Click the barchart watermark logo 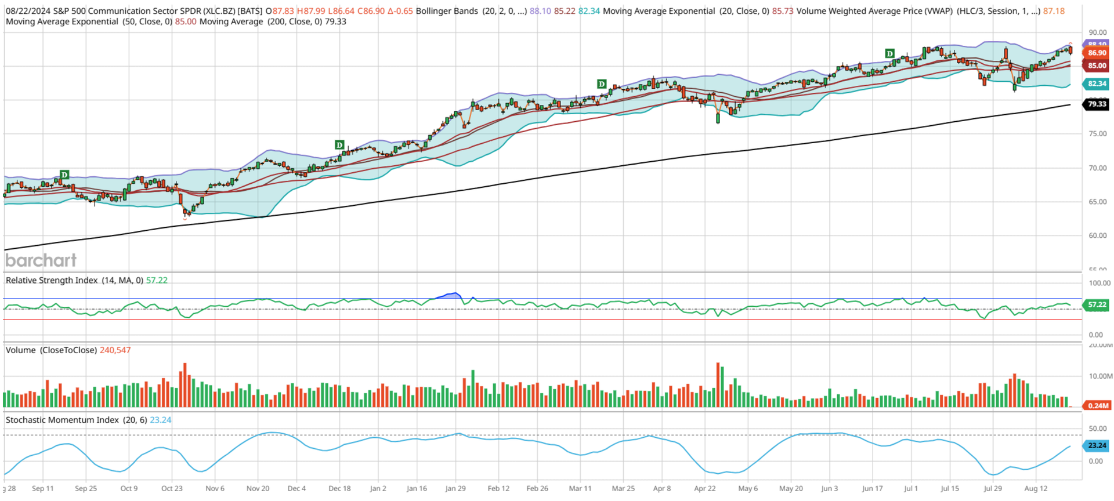[41, 260]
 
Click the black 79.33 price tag [1096, 104]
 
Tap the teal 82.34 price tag [1096, 84]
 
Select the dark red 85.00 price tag [1096, 66]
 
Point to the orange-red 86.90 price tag [1096, 53]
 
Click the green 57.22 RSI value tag [1097, 304]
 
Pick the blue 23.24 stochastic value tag [1097, 445]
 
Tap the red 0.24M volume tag [1097, 406]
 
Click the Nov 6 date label [215, 489]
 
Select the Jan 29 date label [455, 489]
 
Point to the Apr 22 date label [705, 489]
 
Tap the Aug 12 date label [1036, 489]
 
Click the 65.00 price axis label [1097, 202]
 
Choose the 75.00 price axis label [1097, 134]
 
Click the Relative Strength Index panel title [52, 280]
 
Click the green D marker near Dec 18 [339, 144]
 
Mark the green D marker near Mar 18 [602, 84]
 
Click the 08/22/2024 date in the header [27, 11]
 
